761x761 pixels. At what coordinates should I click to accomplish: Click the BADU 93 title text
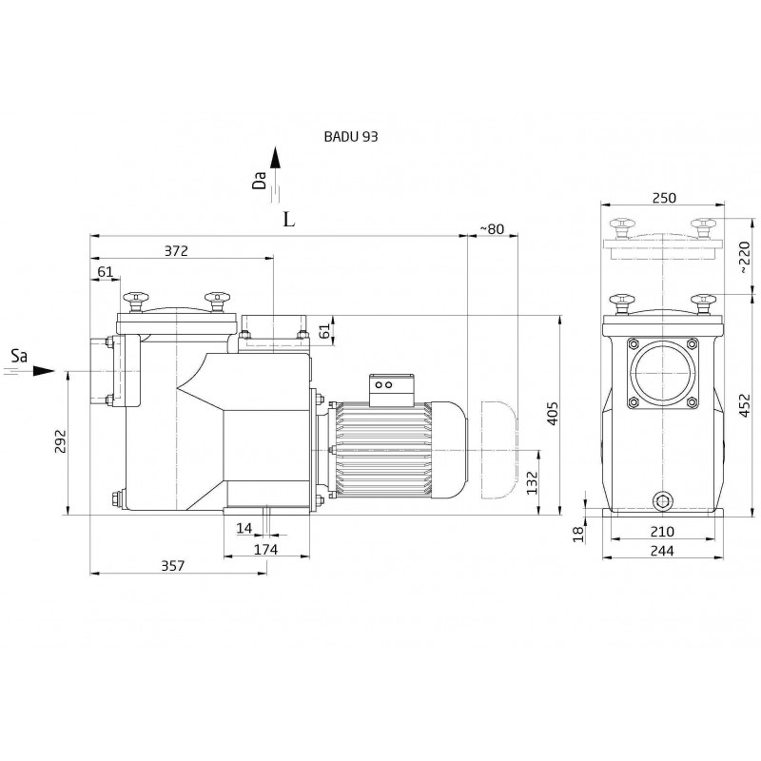pos(351,136)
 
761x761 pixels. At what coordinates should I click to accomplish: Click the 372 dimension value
pos(176,250)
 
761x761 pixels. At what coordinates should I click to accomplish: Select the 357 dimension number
pos(173,565)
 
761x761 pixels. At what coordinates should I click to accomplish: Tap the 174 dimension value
pos(266,549)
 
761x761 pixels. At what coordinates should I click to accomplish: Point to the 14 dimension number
pos(244,528)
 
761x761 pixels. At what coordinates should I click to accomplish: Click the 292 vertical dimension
pos(60,440)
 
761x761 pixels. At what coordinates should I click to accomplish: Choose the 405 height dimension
pos(553,413)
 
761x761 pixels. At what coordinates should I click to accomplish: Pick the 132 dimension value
pos(533,482)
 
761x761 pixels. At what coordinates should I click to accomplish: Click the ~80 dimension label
pos(492,228)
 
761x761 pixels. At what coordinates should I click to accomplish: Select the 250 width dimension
pos(664,198)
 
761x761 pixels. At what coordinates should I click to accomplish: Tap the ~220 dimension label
pos(744,257)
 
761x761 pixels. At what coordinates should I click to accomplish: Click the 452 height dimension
pos(745,405)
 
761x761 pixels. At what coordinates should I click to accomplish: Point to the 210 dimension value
pos(662,532)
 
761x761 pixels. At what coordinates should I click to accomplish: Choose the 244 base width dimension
pos(662,551)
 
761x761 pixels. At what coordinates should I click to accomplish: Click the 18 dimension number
pos(578,534)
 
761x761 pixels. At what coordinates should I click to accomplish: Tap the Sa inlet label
pos(19,357)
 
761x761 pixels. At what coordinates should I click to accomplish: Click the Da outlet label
pos(259,180)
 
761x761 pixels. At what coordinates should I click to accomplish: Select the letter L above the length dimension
pos(289,220)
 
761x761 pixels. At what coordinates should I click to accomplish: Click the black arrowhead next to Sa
pos(44,371)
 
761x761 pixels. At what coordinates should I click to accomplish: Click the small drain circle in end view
pos(662,500)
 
